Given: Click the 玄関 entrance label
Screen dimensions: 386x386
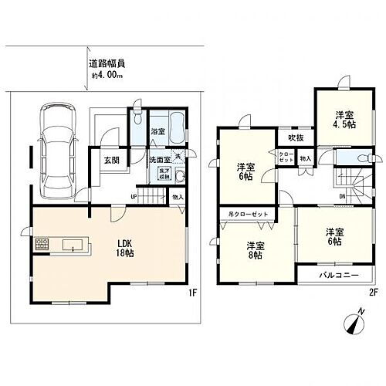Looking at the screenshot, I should (x=110, y=161).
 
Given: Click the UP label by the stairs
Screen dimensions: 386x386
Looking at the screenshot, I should (x=134, y=197).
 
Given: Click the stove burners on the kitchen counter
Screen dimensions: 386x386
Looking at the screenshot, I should (x=41, y=246).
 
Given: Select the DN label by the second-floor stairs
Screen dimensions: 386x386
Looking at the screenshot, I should (x=342, y=196).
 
